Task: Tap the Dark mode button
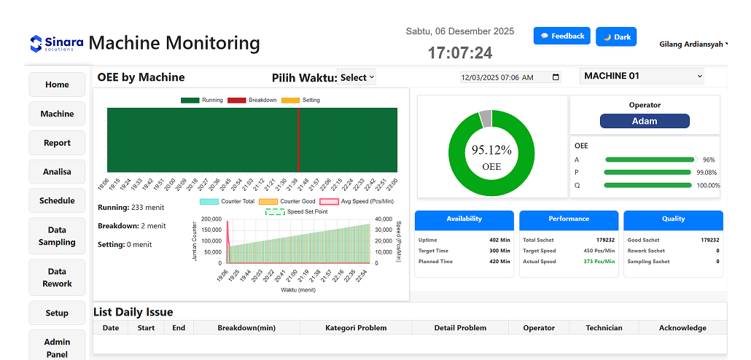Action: point(616,37)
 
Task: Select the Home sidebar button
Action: point(57,85)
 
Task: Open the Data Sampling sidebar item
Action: point(57,236)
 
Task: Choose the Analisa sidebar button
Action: point(57,172)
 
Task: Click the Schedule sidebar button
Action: point(57,200)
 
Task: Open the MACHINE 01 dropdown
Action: point(642,76)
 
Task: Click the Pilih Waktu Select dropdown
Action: point(357,77)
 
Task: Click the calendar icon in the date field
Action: point(556,77)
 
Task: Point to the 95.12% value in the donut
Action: point(491,150)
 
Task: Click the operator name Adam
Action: point(645,122)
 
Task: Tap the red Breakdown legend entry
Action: point(252,100)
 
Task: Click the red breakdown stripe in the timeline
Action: point(298,140)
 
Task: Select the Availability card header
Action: point(464,219)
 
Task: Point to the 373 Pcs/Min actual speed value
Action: point(599,262)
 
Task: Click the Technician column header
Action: point(604,328)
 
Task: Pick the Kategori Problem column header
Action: point(356,328)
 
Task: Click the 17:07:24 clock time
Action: point(459,52)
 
